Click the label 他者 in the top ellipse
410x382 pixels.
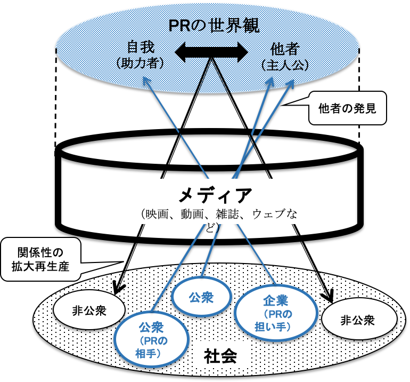click(x=285, y=50)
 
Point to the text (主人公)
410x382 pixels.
click(x=285, y=65)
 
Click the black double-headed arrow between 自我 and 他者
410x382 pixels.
click(x=212, y=52)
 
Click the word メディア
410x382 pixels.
click(x=214, y=195)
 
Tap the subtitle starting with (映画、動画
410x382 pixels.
click(x=216, y=214)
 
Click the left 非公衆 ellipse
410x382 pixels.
click(x=89, y=310)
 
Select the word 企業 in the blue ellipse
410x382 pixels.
click(x=276, y=300)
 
